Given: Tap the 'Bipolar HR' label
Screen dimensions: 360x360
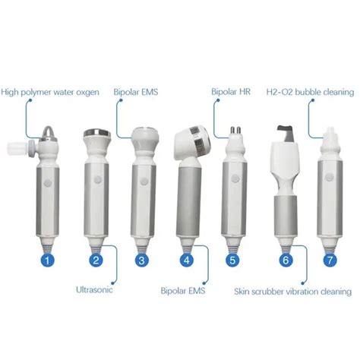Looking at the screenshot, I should coord(232,93).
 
